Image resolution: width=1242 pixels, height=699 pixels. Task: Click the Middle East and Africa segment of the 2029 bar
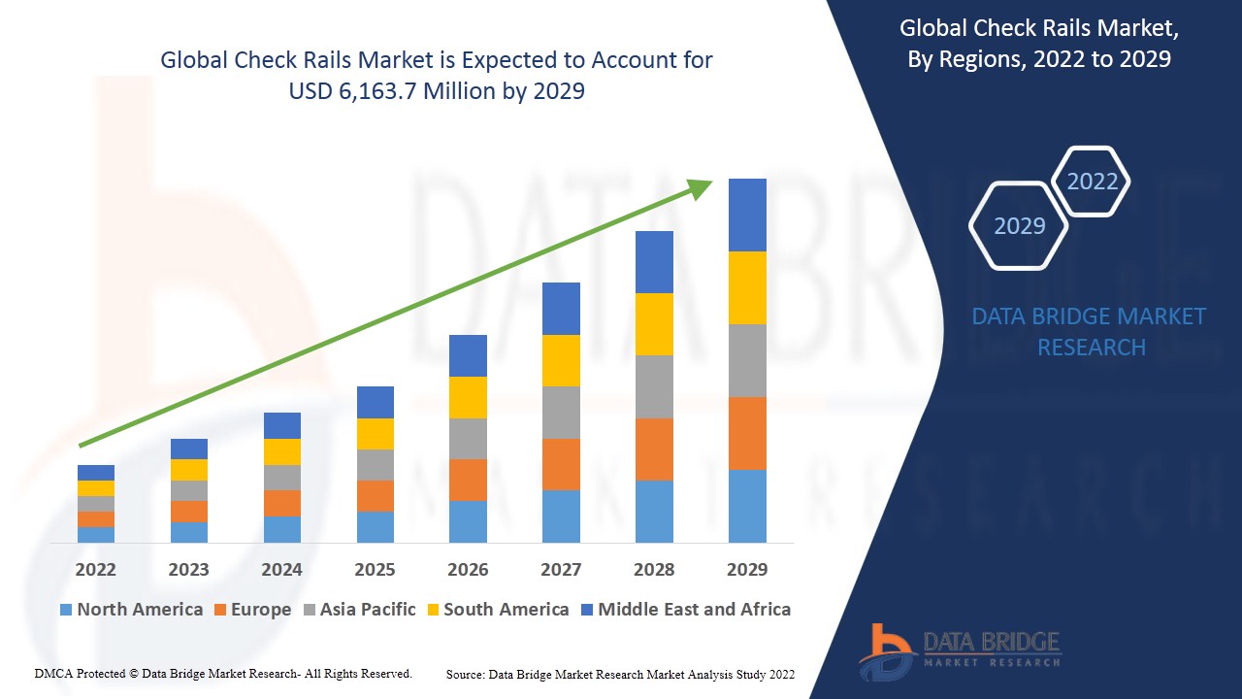tap(747, 215)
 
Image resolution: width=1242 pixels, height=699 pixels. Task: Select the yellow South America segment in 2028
tap(654, 324)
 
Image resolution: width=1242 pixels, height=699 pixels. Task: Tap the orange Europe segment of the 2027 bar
tap(561, 464)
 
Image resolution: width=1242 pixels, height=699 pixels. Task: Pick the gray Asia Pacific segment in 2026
tap(468, 439)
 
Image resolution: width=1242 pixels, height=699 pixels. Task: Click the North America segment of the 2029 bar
tap(747, 506)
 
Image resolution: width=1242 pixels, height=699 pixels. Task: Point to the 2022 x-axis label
tap(95, 569)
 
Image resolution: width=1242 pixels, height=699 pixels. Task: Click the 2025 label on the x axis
tap(375, 569)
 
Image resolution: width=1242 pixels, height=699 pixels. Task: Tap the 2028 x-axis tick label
tap(654, 569)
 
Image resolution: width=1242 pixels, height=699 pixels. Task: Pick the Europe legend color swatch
tap(221, 610)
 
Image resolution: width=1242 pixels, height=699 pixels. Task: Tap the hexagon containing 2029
tap(1019, 226)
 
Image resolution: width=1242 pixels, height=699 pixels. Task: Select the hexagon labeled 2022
tap(1092, 182)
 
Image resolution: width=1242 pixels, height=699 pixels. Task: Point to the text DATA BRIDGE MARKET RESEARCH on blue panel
tap(1091, 331)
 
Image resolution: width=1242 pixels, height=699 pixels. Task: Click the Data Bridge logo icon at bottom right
tap(885, 650)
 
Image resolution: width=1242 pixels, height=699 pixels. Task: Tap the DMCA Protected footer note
tap(223, 673)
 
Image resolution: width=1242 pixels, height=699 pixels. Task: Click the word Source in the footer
tap(465, 674)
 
